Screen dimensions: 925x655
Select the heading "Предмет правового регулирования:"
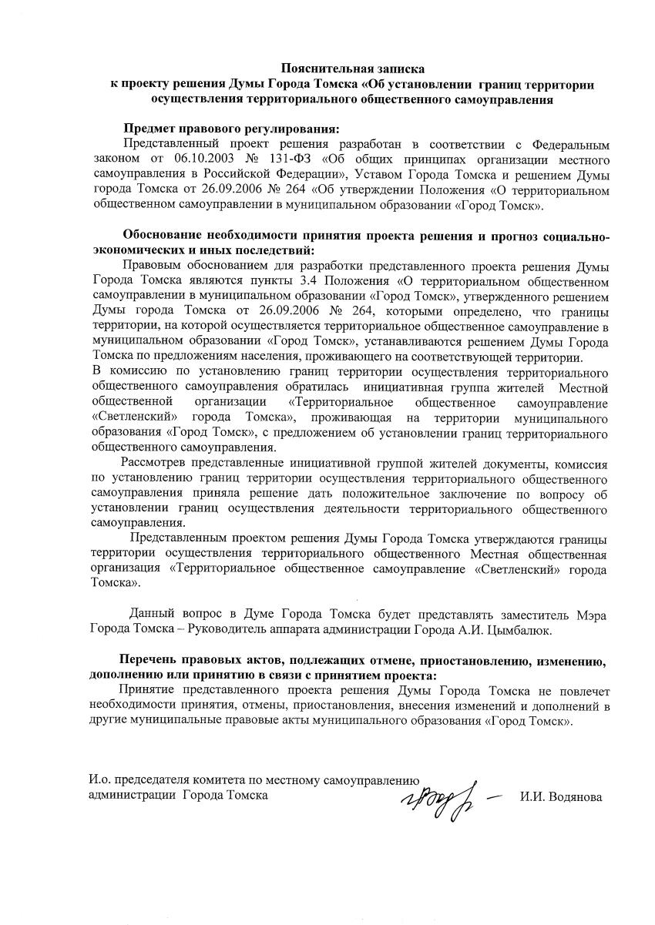[231, 129]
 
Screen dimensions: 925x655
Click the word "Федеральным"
[570, 143]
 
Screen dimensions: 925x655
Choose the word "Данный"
[154, 614]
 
